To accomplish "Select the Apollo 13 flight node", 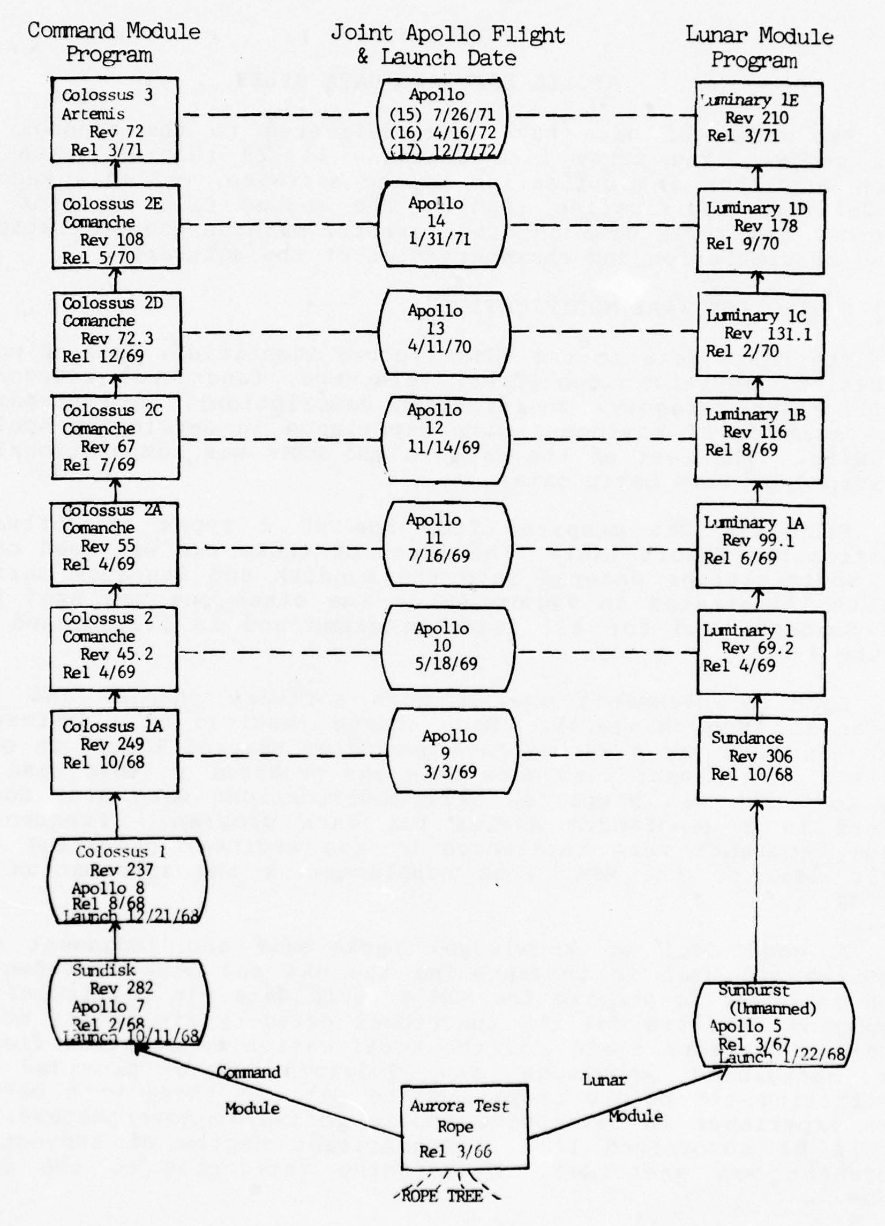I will pyautogui.click(x=444, y=329).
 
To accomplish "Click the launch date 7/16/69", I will pyautogui.click(x=438, y=556).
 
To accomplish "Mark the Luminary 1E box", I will pyautogui.click(x=758, y=124).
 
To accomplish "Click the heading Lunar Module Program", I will pyautogui.click(x=759, y=47).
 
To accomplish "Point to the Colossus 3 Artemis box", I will pyautogui.click(x=115, y=119).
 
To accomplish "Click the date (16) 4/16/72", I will pyautogui.click(x=442, y=132).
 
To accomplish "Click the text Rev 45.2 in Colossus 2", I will pyautogui.click(x=116, y=654).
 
